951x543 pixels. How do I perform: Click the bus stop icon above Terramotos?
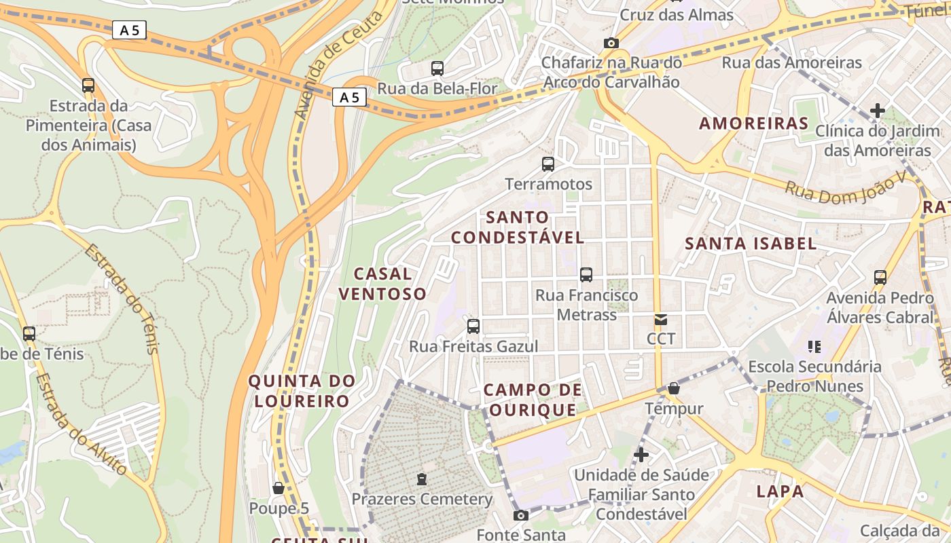pyautogui.click(x=548, y=164)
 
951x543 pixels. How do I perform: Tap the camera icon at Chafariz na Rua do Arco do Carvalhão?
pyautogui.click(x=611, y=43)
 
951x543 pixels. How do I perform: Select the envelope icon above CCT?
pyautogui.click(x=660, y=319)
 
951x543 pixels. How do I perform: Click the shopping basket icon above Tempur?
pyautogui.click(x=674, y=388)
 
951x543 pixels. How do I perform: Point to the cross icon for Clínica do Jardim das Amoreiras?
pyautogui.click(x=878, y=110)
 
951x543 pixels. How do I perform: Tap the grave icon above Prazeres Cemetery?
pyautogui.click(x=422, y=479)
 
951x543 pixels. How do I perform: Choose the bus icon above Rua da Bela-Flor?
pyautogui.click(x=437, y=68)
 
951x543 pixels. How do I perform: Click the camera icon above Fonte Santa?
pyautogui.click(x=521, y=515)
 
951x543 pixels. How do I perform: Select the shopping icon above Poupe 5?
pyautogui.click(x=279, y=488)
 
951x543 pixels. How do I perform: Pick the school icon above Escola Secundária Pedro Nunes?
pyautogui.click(x=814, y=347)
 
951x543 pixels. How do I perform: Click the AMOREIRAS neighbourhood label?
pyautogui.click(x=753, y=124)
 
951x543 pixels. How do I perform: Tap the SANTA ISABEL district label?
pyautogui.click(x=751, y=244)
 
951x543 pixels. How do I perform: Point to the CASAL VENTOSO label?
pyautogui.click(x=382, y=284)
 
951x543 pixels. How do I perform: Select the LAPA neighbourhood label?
pyautogui.click(x=780, y=491)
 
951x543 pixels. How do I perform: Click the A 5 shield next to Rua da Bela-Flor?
pyautogui.click(x=349, y=98)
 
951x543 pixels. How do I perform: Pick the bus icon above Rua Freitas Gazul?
pyautogui.click(x=473, y=326)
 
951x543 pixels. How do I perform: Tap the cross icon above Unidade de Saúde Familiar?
pyautogui.click(x=641, y=454)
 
